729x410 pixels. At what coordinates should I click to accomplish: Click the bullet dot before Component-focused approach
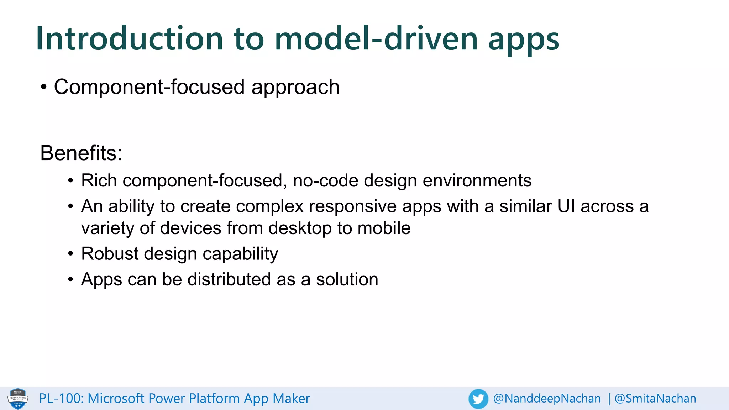click(44, 87)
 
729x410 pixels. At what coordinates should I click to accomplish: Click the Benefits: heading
click(81, 153)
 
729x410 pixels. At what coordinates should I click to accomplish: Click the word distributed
click(229, 279)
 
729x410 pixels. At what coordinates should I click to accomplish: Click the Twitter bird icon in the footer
click(478, 399)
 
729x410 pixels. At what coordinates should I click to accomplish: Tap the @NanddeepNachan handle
click(547, 399)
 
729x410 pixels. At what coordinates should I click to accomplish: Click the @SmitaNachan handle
click(655, 399)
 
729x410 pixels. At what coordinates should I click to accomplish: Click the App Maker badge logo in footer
click(18, 399)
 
